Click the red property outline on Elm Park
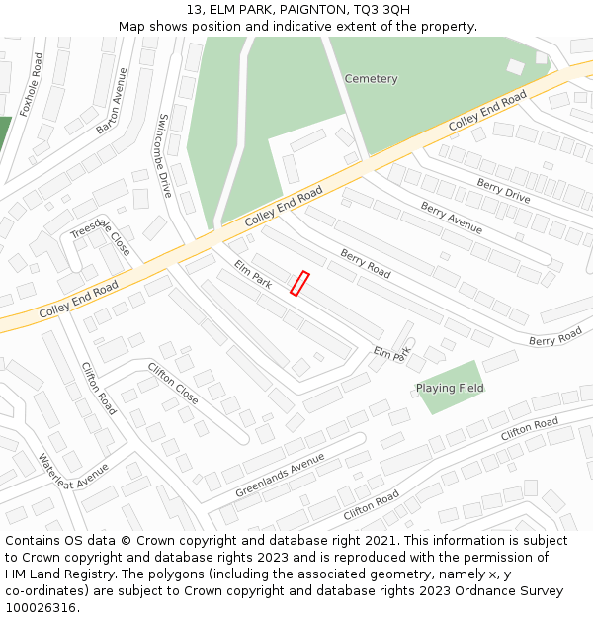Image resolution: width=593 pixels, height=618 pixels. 299,284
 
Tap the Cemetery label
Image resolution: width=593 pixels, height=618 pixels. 371,79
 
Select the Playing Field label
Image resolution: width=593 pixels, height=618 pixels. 450,388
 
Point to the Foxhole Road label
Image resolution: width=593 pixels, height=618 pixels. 32,85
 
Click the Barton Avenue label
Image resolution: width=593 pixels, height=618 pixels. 113,101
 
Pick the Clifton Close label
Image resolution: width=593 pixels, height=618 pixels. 173,384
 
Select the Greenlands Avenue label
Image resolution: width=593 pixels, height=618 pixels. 280,476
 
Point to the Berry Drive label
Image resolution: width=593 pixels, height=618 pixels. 503,191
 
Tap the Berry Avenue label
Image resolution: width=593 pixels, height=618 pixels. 451,218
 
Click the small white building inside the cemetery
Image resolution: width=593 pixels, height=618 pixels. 515,67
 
